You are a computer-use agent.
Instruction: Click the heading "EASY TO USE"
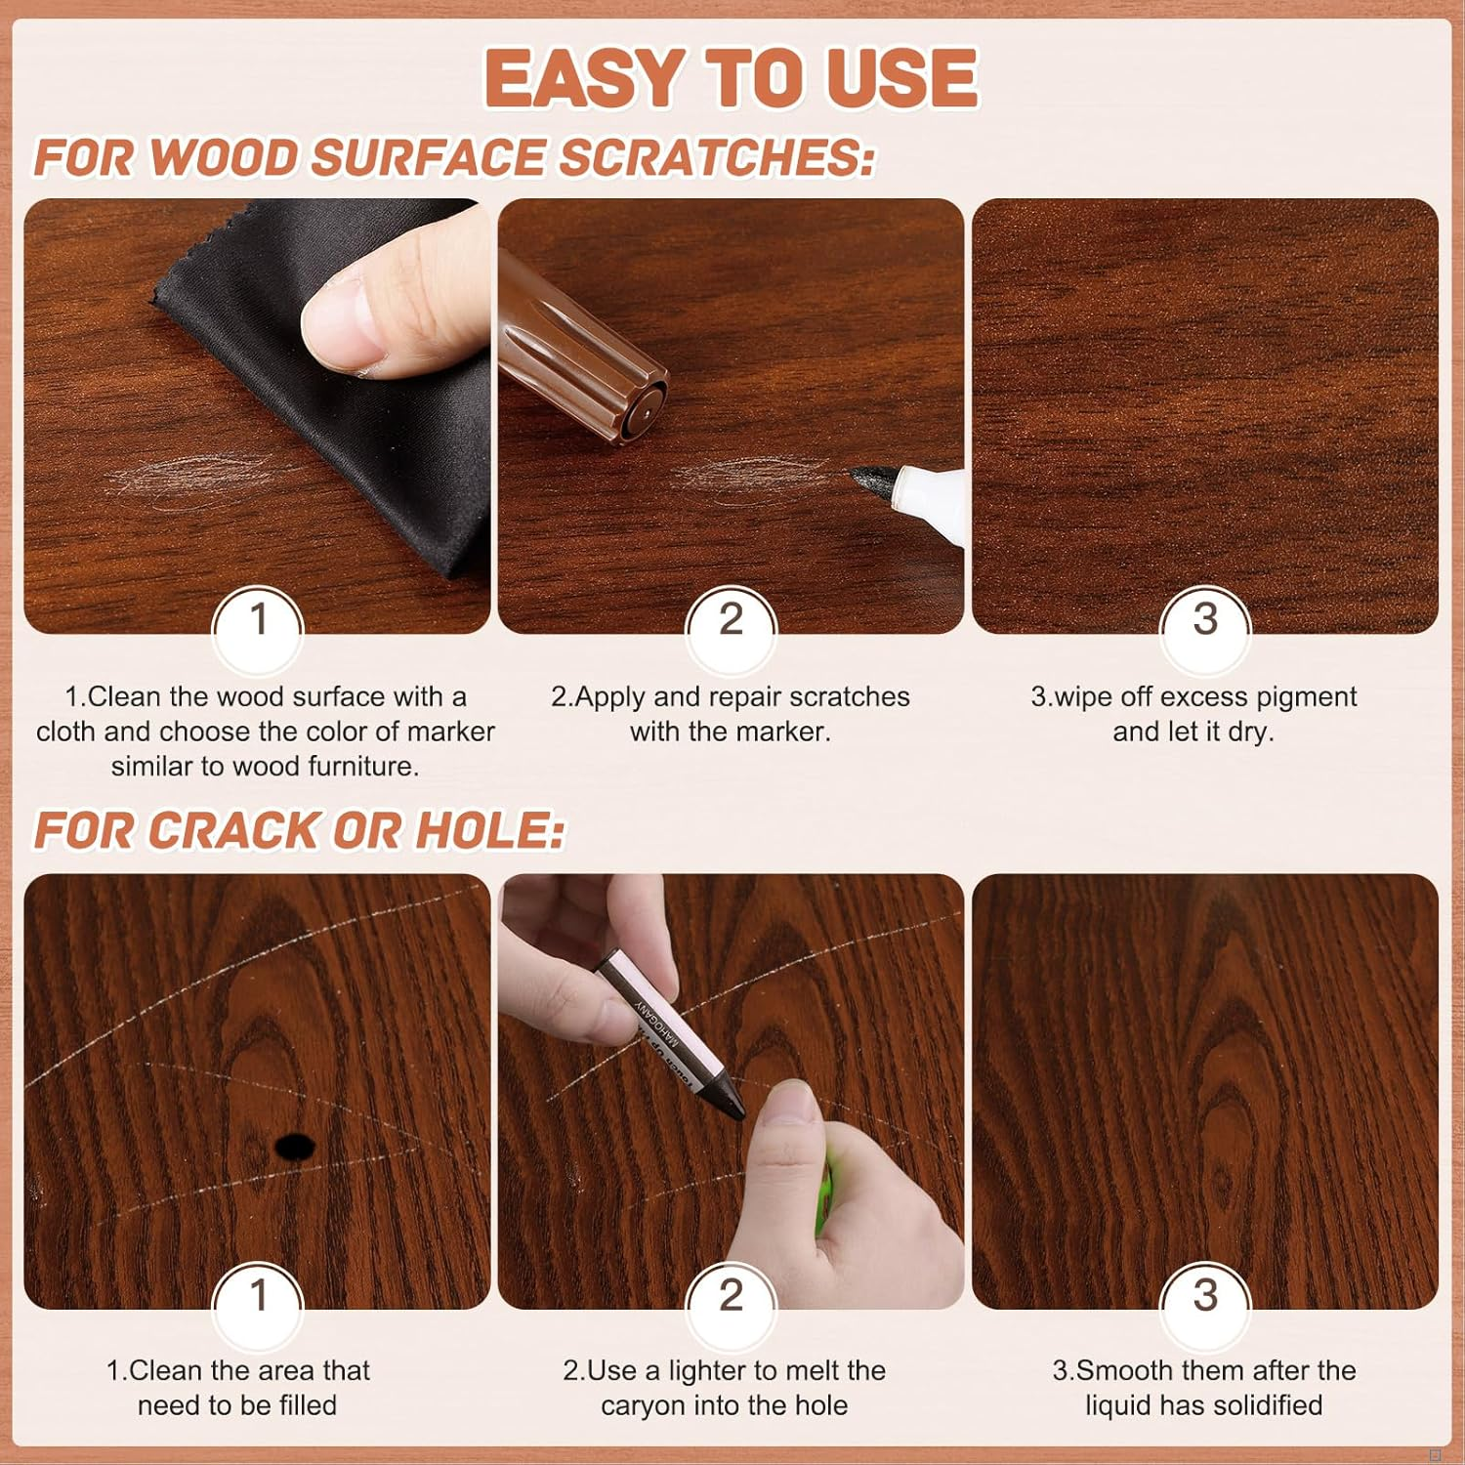point(732,78)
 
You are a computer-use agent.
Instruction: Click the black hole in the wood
point(294,1147)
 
